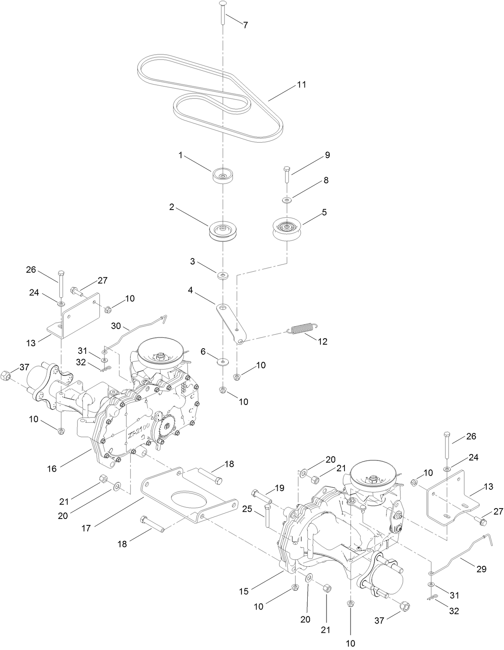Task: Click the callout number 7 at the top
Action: [x=245, y=25]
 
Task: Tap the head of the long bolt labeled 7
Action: [x=223, y=4]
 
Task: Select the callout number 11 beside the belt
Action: [x=301, y=85]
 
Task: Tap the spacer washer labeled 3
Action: [x=222, y=276]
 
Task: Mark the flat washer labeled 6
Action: [x=222, y=362]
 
